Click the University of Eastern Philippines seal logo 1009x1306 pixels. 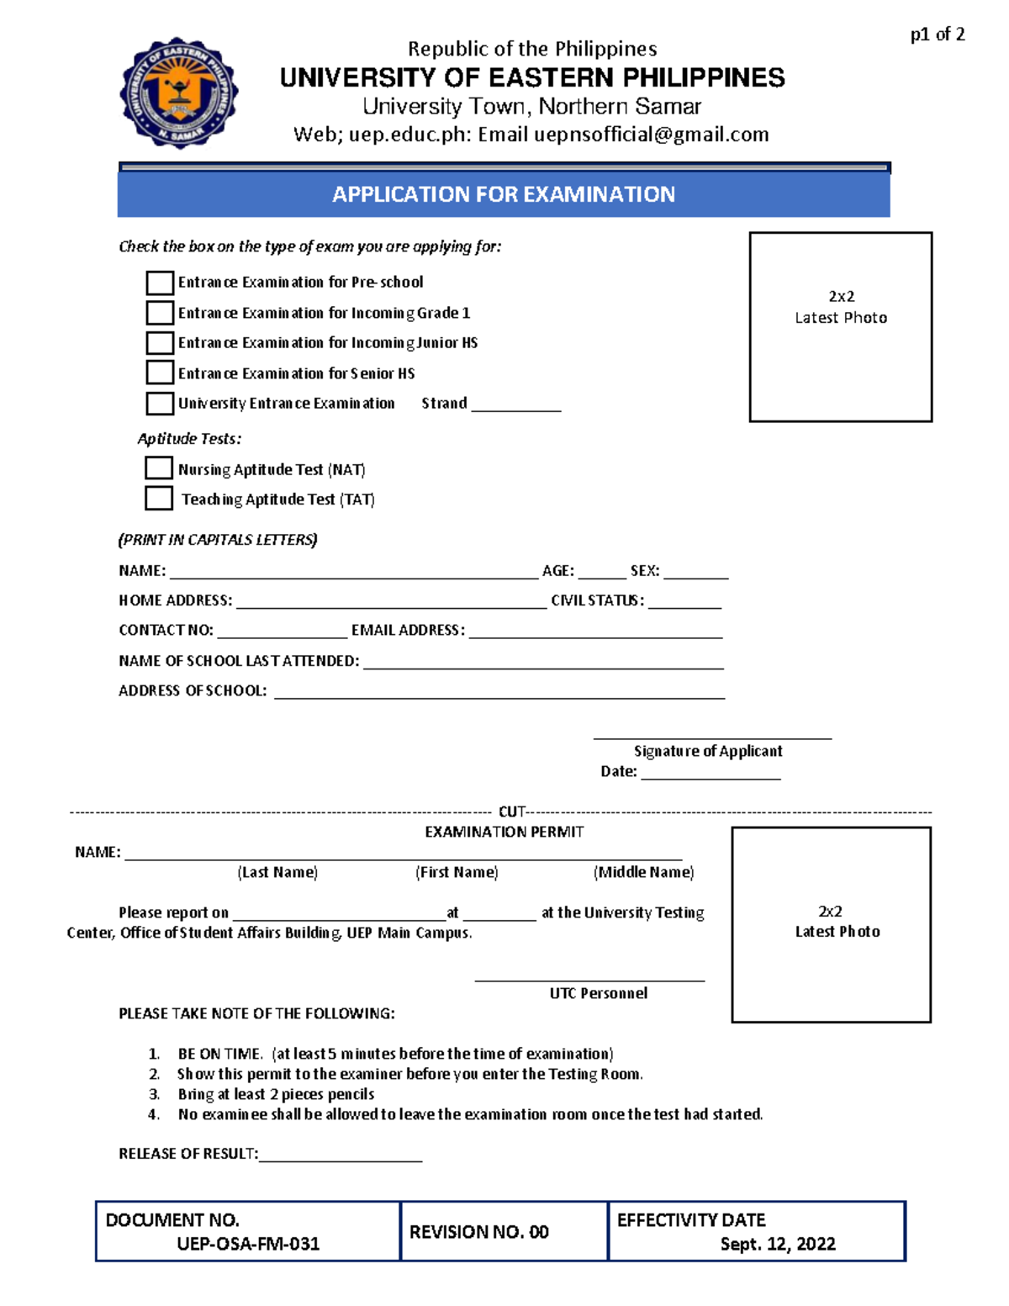pyautogui.click(x=179, y=93)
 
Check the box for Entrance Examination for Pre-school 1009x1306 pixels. pyautogui.click(x=160, y=283)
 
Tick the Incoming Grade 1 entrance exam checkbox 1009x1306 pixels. pyautogui.click(x=160, y=313)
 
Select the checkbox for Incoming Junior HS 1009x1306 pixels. pyautogui.click(x=160, y=343)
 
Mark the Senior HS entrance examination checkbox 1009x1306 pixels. pyautogui.click(x=160, y=373)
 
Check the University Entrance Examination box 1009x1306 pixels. pyautogui.click(x=160, y=404)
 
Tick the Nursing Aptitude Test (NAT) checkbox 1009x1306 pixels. pyautogui.click(x=159, y=468)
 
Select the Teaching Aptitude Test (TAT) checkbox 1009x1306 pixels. pyautogui.click(x=159, y=499)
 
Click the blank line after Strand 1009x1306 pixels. pyautogui.click(x=515, y=407)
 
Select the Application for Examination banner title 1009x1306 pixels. pyautogui.click(x=504, y=194)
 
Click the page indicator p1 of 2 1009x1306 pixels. pyautogui.click(x=938, y=34)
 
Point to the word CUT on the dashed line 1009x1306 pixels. pyautogui.click(x=511, y=812)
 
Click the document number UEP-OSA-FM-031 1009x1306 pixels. pyautogui.click(x=248, y=1244)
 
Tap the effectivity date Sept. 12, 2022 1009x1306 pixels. pyautogui.click(x=778, y=1244)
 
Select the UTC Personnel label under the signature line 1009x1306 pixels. pyautogui.click(x=599, y=993)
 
